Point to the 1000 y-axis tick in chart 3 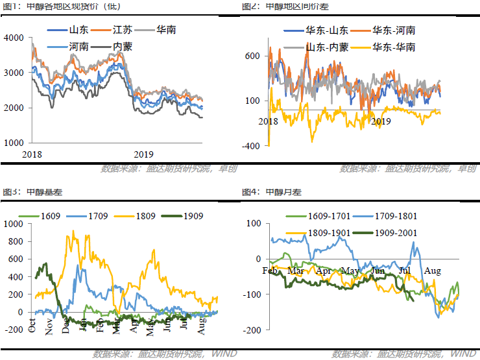click(x=12, y=224)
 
